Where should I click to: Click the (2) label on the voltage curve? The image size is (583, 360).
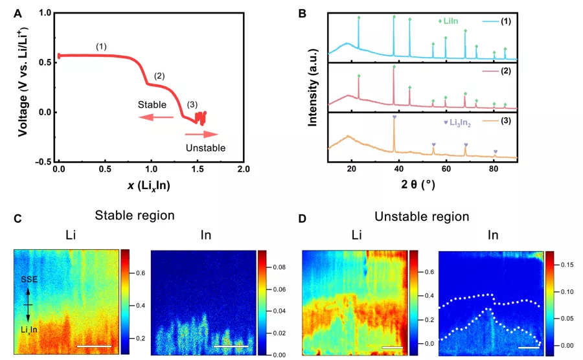click(x=159, y=76)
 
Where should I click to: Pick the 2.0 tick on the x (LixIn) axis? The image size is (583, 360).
click(x=244, y=168)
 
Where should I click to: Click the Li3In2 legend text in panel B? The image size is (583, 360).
click(x=464, y=122)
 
